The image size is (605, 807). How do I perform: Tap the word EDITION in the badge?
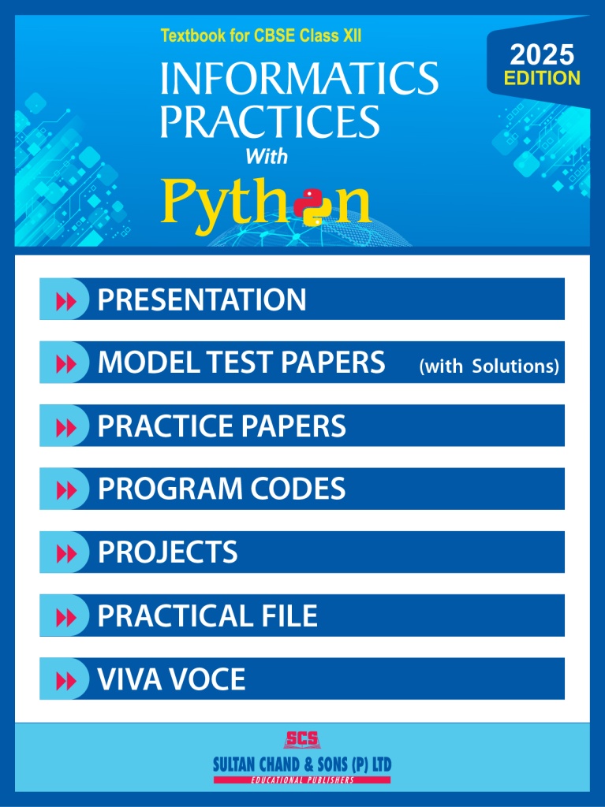pyautogui.click(x=542, y=78)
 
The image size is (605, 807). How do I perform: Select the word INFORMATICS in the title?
pyautogui.click(x=299, y=80)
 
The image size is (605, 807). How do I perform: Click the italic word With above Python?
pyautogui.click(x=266, y=156)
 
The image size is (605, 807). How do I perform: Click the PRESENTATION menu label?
pyautogui.click(x=202, y=299)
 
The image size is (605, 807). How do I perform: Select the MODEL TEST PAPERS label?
pyautogui.click(x=241, y=363)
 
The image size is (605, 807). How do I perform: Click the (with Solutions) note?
pyautogui.click(x=489, y=366)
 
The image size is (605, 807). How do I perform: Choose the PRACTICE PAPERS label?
pyautogui.click(x=222, y=426)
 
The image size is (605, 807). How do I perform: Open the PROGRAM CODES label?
pyautogui.click(x=222, y=489)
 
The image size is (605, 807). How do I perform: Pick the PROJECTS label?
pyautogui.click(x=167, y=552)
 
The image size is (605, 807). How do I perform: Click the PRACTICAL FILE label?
pyautogui.click(x=207, y=615)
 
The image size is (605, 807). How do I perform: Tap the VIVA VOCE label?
pyautogui.click(x=171, y=679)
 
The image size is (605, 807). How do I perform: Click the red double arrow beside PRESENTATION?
pyautogui.click(x=66, y=300)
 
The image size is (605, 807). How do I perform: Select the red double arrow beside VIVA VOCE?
pyautogui.click(x=66, y=679)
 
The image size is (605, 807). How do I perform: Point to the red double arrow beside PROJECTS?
pyautogui.click(x=66, y=553)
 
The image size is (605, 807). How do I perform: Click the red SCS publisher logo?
pyautogui.click(x=302, y=740)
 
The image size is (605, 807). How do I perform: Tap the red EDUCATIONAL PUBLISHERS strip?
pyautogui.click(x=302, y=779)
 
